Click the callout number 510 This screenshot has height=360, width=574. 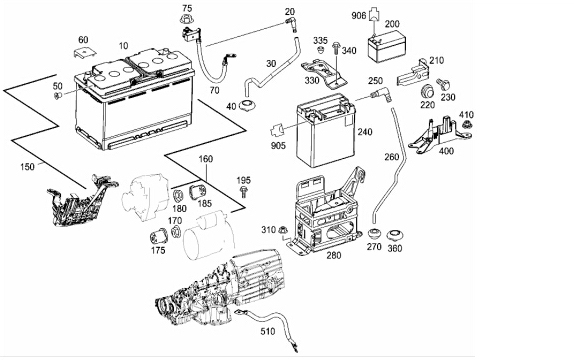(268, 331)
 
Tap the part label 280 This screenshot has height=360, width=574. (334, 255)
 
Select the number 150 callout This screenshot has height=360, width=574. (27, 167)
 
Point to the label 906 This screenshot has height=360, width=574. (359, 16)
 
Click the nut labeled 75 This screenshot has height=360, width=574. (187, 19)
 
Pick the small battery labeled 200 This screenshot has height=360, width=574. (385, 47)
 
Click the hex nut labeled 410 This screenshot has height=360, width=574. (466, 125)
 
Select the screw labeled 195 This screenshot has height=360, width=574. (243, 192)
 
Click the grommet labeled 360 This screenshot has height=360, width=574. (395, 235)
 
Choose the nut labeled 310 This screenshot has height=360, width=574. (283, 230)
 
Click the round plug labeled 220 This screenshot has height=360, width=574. (427, 92)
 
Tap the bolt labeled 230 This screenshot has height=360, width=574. (443, 84)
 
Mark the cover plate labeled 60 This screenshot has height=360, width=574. (84, 52)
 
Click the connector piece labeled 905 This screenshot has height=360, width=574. (277, 131)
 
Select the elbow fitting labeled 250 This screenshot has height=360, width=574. (381, 94)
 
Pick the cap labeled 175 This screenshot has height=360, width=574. (159, 236)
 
